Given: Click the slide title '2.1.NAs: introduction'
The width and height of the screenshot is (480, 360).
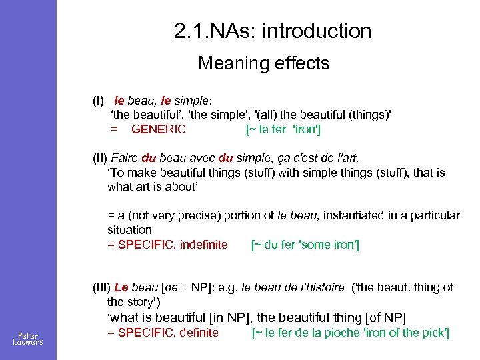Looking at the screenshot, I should coord(272,31).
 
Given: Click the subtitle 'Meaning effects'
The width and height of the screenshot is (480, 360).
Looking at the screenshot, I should coord(264,63).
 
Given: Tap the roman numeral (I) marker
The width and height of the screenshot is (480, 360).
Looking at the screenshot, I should coord(98,101).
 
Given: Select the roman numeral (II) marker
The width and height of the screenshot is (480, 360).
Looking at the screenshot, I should coord(100,159).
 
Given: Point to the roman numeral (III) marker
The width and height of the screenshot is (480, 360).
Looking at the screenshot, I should coord(102,287).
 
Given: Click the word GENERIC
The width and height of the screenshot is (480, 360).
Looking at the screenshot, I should coord(159,129).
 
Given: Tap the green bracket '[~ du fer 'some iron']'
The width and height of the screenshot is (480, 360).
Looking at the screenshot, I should coord(305,245).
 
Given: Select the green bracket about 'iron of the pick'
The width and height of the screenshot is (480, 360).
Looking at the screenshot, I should coord(351,333).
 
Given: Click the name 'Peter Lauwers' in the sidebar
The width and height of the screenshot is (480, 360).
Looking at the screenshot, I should coord(28,339).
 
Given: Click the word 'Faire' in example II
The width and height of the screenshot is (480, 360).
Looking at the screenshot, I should coord(124,159).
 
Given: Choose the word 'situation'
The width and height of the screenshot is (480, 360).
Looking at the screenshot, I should coord(130,230).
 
